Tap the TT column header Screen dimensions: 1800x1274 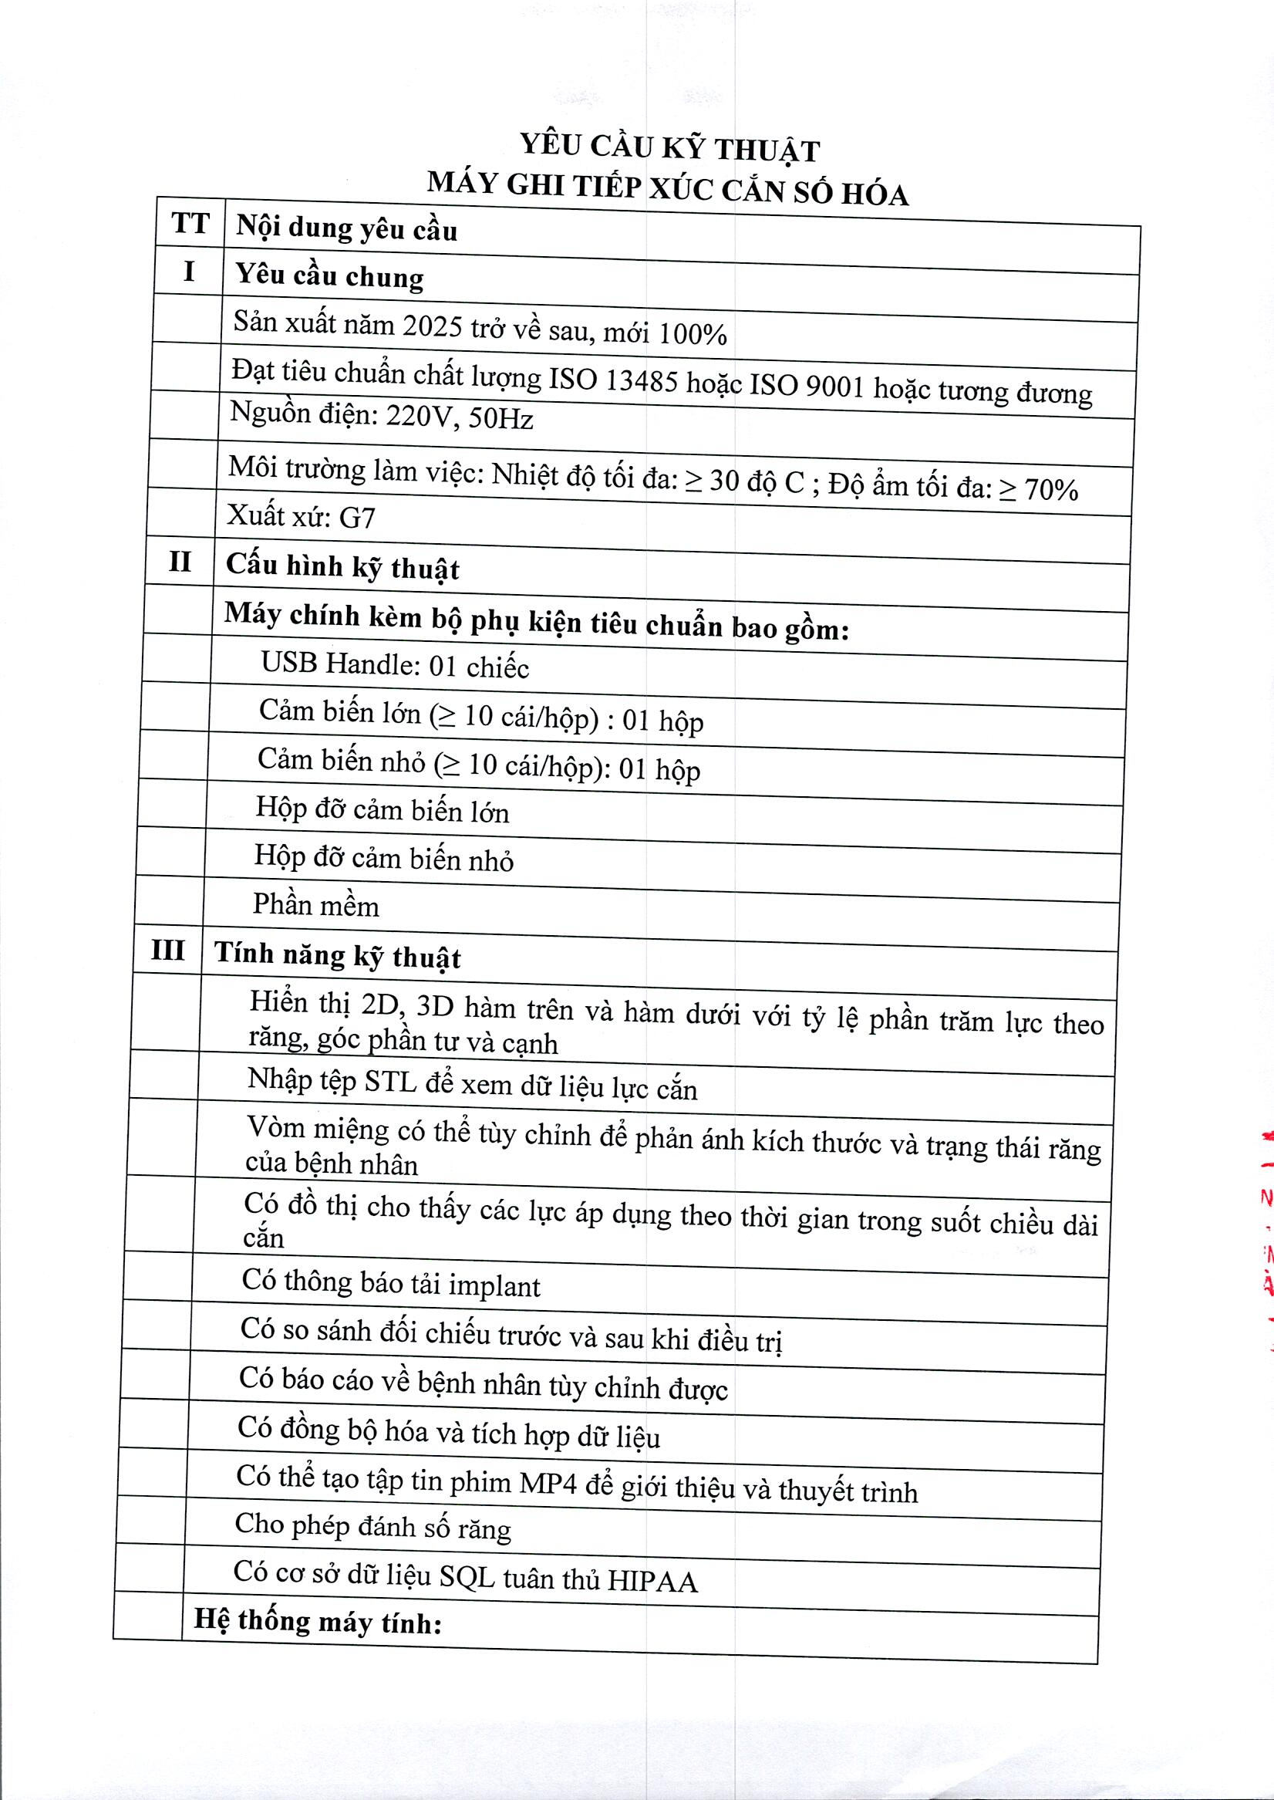pyautogui.click(x=190, y=223)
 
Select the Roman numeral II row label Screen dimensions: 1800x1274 pyautogui.click(x=180, y=562)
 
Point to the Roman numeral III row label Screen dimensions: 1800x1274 pyautogui.click(x=168, y=951)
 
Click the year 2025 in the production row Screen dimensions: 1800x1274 pyautogui.click(x=431, y=326)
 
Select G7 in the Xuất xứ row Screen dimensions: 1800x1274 pyautogui.click(x=357, y=518)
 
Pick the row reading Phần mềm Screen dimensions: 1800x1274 pyautogui.click(x=315, y=906)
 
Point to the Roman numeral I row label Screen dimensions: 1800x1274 pyautogui.click(x=188, y=272)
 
